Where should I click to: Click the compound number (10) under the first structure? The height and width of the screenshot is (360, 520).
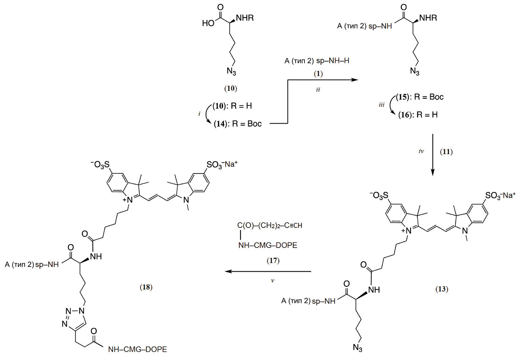coord(230,88)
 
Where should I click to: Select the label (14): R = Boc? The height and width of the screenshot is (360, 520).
coord(237,124)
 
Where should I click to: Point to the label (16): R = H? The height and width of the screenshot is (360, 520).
coord(418,115)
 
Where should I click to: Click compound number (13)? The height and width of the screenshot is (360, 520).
coord(442,289)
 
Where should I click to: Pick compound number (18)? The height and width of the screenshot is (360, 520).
coord(146,287)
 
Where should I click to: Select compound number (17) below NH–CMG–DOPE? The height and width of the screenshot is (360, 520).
coord(273,261)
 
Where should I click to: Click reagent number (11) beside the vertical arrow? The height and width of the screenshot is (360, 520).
coord(446,152)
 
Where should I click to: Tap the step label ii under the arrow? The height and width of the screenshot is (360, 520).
coord(318,90)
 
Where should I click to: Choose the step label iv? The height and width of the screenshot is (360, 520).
coord(421,152)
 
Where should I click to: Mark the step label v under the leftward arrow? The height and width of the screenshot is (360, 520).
coord(272,281)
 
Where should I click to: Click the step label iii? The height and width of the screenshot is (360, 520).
coord(381,105)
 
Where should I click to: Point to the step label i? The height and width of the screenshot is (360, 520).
coord(199,114)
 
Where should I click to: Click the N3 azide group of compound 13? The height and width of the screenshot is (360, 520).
coord(357,348)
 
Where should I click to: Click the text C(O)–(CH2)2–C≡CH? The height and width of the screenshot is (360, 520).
coord(269,226)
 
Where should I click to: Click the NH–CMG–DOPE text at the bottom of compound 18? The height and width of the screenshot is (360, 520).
coord(137,350)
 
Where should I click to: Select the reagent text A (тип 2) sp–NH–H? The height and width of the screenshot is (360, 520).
coord(317,61)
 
